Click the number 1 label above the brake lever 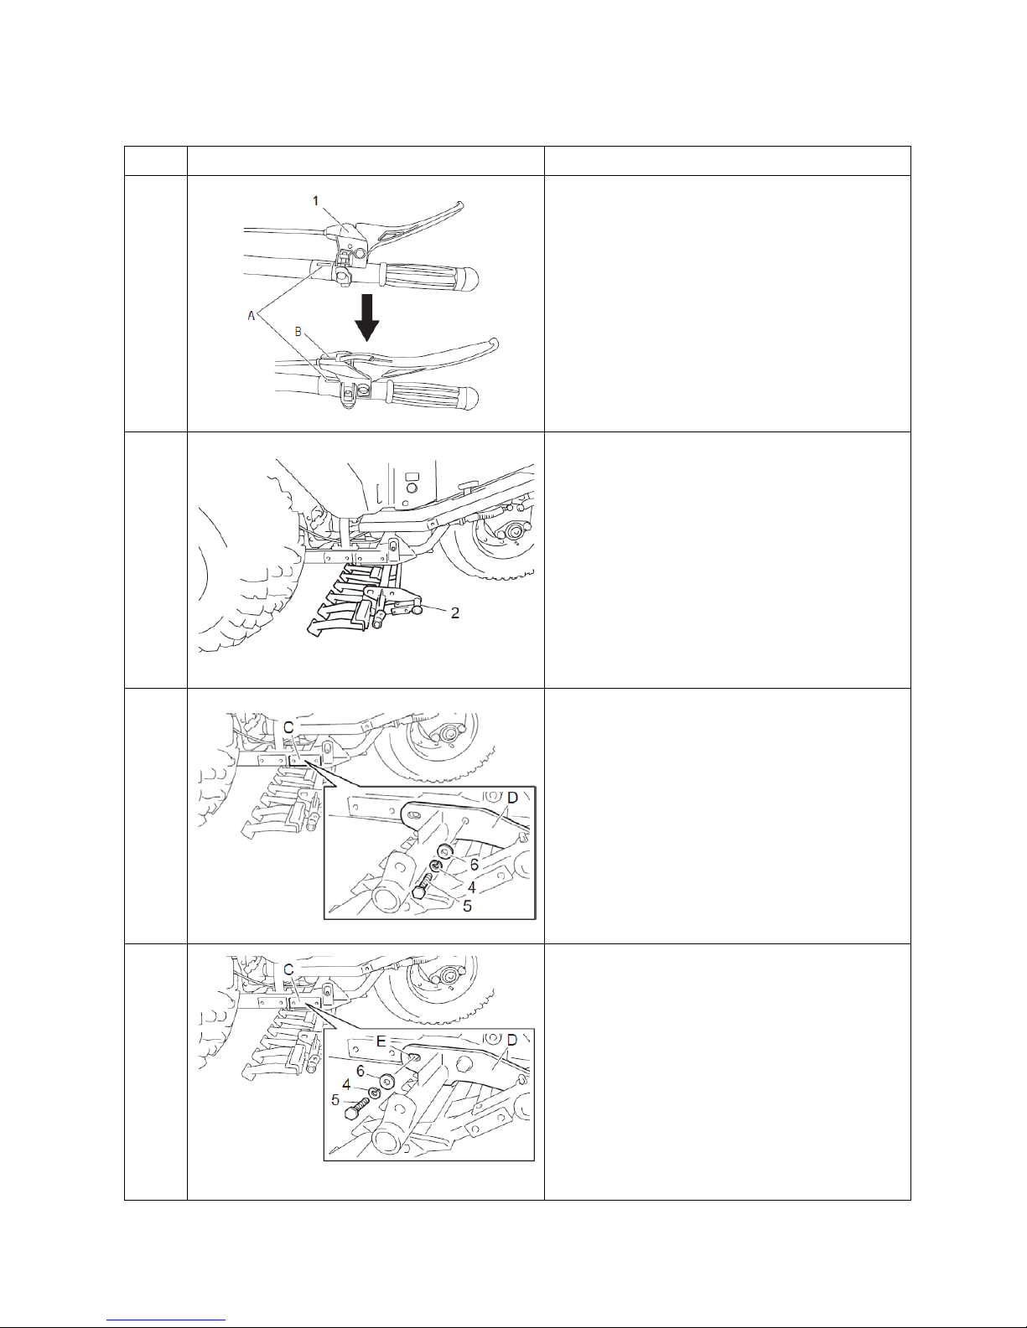(315, 200)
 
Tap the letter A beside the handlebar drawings (251, 316)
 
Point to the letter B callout (298, 332)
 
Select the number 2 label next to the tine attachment (454, 613)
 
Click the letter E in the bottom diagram (381, 1041)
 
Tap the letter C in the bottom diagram (288, 970)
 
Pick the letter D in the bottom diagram (512, 1040)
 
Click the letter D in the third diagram (512, 798)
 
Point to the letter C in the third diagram (288, 728)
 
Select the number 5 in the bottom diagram (335, 1101)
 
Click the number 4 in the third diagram (471, 887)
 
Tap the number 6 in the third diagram (475, 865)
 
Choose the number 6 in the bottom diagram (360, 1072)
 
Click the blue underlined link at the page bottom (166, 1319)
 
